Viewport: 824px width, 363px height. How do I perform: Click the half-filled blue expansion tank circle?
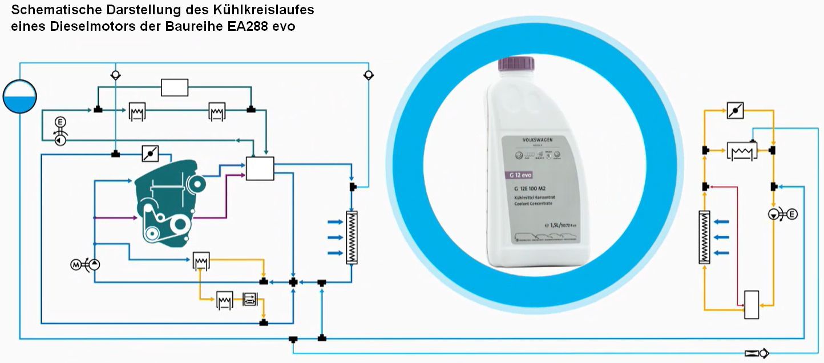[19, 96]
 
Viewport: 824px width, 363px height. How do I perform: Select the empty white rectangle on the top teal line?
[174, 87]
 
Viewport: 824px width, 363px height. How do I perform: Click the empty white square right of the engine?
[260, 168]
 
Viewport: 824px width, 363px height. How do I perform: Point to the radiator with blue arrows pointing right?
[352, 237]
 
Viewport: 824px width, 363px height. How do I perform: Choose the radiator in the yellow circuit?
[705, 237]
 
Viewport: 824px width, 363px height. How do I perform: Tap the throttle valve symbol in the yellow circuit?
[736, 111]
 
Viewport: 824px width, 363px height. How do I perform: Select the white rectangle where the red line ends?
[752, 305]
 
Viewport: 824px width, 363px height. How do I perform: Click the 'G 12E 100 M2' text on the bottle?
[528, 188]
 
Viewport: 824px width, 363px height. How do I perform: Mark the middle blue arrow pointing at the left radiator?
[336, 237]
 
